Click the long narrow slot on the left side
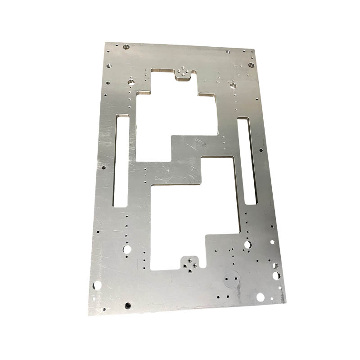[x=121, y=161]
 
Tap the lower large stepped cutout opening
[x=189, y=220]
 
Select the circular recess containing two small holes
[x=232, y=279]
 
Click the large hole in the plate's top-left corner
[x=126, y=46]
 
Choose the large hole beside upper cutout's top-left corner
[x=131, y=83]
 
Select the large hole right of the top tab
[x=233, y=85]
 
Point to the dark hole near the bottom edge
[x=128, y=306]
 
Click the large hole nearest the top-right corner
[x=251, y=65]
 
